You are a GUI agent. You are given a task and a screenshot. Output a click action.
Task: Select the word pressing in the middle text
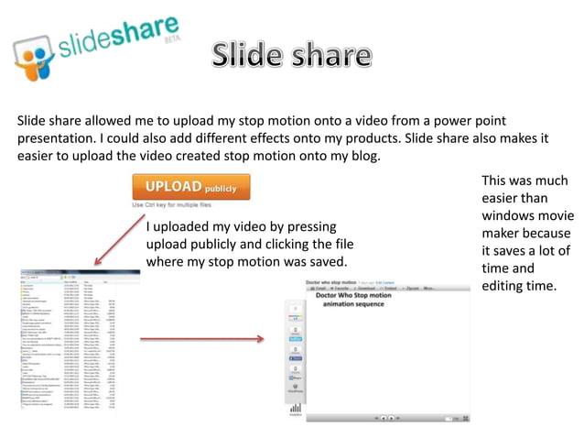[306, 226]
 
